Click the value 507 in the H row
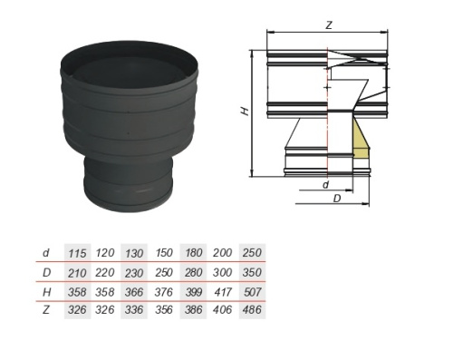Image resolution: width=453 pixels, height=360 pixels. (252, 292)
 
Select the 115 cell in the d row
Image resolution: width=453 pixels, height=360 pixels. (77, 253)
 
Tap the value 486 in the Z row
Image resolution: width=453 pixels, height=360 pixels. (252, 309)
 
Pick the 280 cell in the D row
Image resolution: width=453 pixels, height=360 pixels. (193, 272)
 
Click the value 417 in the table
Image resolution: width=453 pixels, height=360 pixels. (223, 292)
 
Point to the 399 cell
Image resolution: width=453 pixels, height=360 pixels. (193, 292)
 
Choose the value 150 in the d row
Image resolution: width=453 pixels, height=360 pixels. (164, 253)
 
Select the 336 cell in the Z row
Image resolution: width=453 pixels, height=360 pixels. (134, 309)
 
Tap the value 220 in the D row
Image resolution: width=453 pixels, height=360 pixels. (105, 272)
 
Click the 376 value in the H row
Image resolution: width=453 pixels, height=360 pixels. (164, 292)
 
